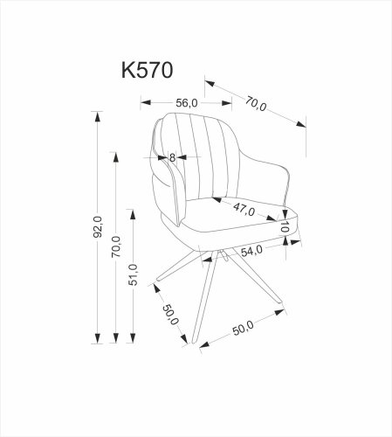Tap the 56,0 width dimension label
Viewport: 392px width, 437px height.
click(x=186, y=102)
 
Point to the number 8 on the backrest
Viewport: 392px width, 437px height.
click(x=173, y=157)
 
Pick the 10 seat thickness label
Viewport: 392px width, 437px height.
click(x=285, y=226)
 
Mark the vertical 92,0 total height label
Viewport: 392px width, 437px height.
click(x=99, y=227)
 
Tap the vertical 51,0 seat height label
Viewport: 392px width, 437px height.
click(x=132, y=275)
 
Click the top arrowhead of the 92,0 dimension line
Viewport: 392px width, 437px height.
click(x=96, y=114)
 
